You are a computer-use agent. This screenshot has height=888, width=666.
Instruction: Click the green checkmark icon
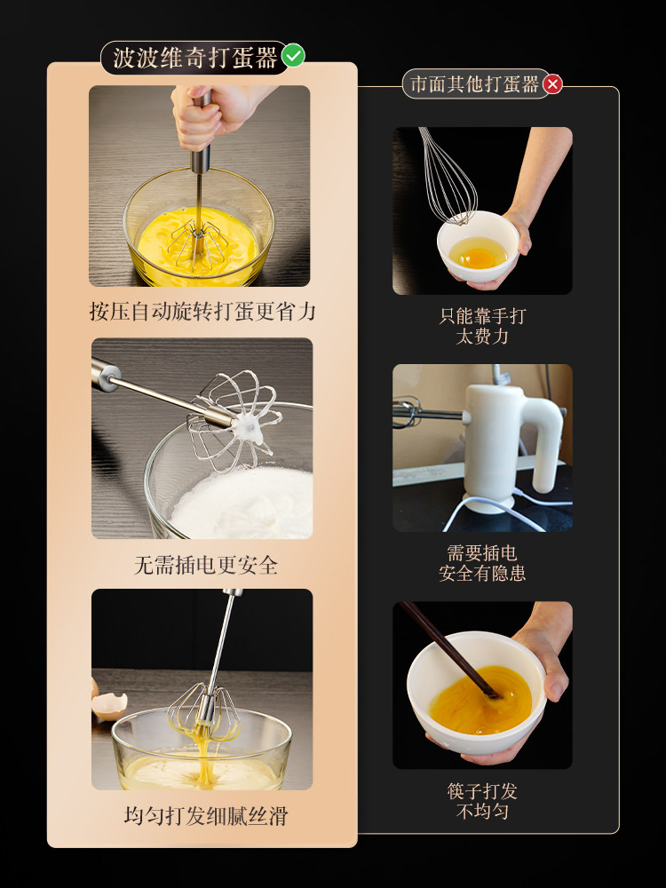coord(293,55)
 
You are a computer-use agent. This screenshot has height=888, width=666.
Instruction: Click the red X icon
coord(552,84)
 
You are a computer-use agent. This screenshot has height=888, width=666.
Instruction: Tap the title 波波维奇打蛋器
coord(195,58)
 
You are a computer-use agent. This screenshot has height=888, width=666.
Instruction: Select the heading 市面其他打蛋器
coord(474,84)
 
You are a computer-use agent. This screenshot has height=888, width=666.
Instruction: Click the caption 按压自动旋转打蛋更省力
coord(202,312)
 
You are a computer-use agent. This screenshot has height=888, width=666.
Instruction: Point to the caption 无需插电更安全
coord(206,565)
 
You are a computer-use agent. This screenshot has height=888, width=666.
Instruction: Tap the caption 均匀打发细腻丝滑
coord(206,815)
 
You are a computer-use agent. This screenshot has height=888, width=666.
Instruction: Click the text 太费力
coord(482,337)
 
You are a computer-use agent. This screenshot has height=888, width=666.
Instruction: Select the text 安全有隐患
coord(482,573)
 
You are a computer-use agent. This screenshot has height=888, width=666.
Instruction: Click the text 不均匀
coord(482,811)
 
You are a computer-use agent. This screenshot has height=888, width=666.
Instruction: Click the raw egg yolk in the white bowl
coord(479,258)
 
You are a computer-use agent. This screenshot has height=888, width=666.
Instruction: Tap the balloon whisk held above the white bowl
coord(448,176)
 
